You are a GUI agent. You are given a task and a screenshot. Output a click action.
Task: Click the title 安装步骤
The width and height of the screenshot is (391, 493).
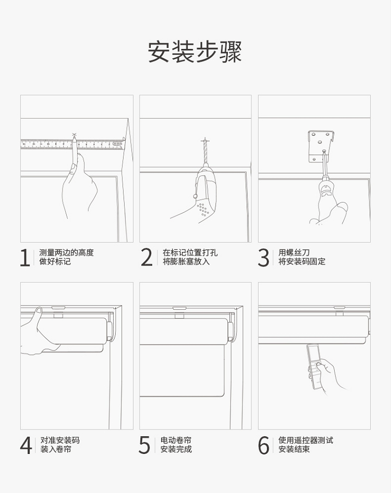195,51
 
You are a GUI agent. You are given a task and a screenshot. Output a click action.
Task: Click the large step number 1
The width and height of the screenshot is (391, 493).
25,258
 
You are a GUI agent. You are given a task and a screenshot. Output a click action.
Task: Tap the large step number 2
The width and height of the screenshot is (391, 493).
146,258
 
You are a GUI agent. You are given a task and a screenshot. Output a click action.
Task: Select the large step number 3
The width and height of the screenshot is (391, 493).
263,258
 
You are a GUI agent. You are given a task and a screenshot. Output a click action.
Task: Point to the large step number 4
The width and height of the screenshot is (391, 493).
26,445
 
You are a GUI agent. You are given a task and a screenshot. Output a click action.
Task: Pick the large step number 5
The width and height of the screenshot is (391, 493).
144,445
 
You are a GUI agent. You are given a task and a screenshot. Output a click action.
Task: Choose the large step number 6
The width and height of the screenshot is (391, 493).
263,445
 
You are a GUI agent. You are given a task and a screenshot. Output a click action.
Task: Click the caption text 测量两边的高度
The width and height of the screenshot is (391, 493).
66,252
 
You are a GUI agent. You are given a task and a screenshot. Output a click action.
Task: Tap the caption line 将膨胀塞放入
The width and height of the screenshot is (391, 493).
186,261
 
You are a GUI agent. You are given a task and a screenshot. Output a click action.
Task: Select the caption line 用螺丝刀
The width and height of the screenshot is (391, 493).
294,252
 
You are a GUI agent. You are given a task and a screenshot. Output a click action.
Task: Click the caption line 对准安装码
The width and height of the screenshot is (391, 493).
60,440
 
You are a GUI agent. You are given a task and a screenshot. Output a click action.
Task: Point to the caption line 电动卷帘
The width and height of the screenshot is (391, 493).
176,440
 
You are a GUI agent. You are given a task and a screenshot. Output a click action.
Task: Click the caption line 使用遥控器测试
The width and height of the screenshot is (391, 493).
306,440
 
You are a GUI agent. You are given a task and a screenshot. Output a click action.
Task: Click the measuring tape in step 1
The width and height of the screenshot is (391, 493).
73,144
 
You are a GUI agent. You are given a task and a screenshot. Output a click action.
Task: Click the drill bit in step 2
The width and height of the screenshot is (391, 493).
205,151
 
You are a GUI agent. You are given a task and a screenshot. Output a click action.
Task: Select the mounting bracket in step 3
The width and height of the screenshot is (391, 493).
320,147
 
